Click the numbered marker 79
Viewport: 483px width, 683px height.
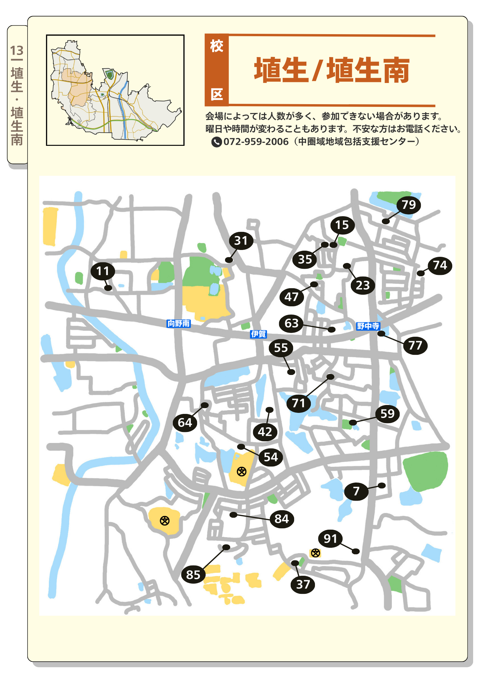click(409, 205)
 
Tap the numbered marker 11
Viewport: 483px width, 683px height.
click(103, 271)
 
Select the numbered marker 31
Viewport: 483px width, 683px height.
click(241, 241)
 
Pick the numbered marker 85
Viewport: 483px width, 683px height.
click(193, 575)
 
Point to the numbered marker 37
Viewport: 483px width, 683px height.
click(303, 584)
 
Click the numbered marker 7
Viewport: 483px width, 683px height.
click(356, 491)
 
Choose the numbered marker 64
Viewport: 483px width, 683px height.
click(185, 423)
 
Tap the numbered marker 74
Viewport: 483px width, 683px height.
click(440, 265)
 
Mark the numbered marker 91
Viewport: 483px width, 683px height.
click(330, 539)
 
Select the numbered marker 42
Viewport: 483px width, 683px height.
click(265, 432)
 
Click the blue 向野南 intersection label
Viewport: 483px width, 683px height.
click(179, 323)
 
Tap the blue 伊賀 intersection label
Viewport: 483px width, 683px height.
click(258, 334)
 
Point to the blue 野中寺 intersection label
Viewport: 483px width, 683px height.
click(368, 326)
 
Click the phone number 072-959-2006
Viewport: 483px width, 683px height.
click(256, 142)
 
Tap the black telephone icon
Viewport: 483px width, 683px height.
click(217, 142)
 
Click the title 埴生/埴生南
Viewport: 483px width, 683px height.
click(332, 70)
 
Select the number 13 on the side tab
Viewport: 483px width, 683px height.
click(17, 51)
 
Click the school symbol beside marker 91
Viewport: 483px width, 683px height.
click(315, 553)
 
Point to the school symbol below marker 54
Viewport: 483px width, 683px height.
click(242, 472)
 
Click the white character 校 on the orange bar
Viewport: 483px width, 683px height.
click(217, 46)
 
